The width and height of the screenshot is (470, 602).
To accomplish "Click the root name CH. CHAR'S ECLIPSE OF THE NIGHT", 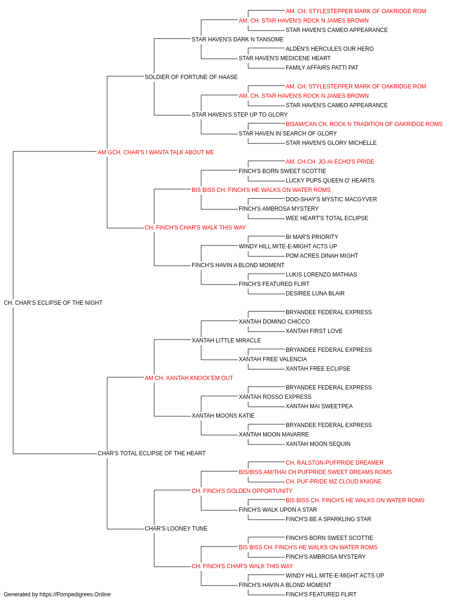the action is (x=53, y=302).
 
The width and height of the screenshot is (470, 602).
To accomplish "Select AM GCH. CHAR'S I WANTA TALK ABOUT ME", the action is (x=156, y=152).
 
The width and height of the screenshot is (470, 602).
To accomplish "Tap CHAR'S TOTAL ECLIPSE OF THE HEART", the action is (x=151, y=453).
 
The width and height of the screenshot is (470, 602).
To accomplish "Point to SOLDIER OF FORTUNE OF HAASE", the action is (x=191, y=77).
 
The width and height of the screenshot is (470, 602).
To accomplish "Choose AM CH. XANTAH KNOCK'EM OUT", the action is (x=189, y=378).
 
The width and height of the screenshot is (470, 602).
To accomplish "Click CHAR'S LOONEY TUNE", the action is (x=176, y=528).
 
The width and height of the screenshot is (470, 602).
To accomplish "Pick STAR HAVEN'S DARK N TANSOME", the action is (x=237, y=40).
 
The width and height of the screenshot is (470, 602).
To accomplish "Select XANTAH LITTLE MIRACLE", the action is (x=226, y=340).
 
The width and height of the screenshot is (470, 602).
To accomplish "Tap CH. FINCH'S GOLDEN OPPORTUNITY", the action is (x=242, y=491).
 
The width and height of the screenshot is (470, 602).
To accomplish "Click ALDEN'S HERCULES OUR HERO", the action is (x=329, y=49).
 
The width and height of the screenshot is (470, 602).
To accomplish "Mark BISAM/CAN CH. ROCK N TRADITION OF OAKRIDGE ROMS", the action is (x=364, y=124).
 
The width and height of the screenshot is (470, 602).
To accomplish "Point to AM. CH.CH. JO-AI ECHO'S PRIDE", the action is (x=329, y=161).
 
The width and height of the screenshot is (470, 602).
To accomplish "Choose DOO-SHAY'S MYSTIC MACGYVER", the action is (x=331, y=199).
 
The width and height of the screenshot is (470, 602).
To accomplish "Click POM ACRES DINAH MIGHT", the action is (x=321, y=255).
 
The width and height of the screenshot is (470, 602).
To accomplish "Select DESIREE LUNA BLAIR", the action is (x=315, y=293).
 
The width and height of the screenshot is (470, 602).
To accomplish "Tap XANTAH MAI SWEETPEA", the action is (x=319, y=406).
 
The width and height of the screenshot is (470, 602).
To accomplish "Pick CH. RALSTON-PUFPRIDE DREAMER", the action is (x=334, y=462).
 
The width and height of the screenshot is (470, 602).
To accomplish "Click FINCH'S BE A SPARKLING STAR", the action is (x=328, y=519).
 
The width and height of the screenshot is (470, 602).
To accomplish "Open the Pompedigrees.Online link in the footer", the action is (x=75, y=594).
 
